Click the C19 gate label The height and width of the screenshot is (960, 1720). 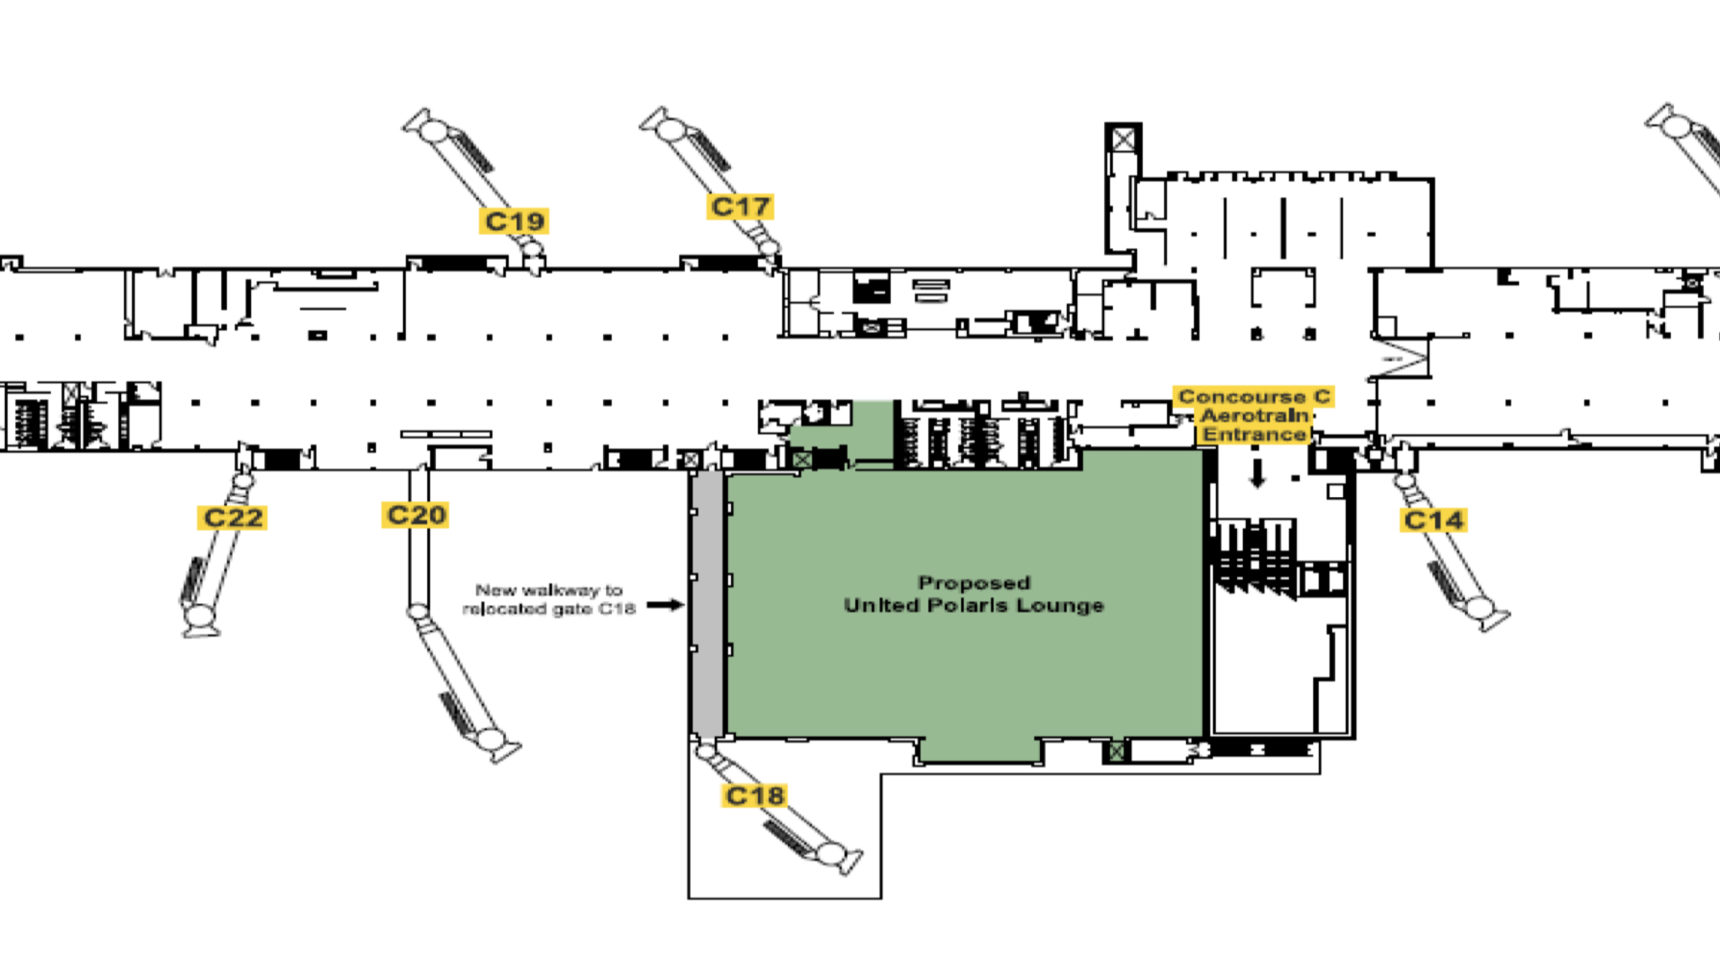pyautogui.click(x=515, y=221)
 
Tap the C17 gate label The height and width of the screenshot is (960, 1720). pyautogui.click(x=740, y=207)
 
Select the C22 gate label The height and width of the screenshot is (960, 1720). pyautogui.click(x=233, y=518)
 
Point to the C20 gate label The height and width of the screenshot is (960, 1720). pyautogui.click(x=416, y=515)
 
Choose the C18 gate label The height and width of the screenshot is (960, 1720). pyautogui.click(x=755, y=796)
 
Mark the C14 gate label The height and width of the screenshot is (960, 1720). pyautogui.click(x=1433, y=520)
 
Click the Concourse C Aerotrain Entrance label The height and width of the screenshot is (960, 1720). pyautogui.click(x=1254, y=416)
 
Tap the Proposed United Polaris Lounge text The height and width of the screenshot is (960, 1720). pyautogui.click(x=974, y=594)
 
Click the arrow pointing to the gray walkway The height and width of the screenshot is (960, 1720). pyautogui.click(x=665, y=605)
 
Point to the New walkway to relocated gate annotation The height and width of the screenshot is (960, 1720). pyautogui.click(x=549, y=599)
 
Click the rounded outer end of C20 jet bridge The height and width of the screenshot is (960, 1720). pyautogui.click(x=492, y=740)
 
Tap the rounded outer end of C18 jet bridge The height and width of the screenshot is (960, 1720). pyautogui.click(x=830, y=853)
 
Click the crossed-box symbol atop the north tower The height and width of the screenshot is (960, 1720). pyautogui.click(x=1123, y=139)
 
